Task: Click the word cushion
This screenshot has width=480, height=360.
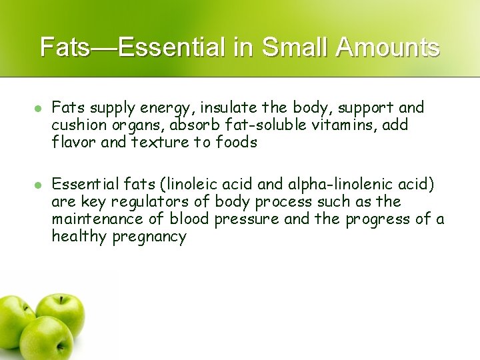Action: (x=76, y=125)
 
